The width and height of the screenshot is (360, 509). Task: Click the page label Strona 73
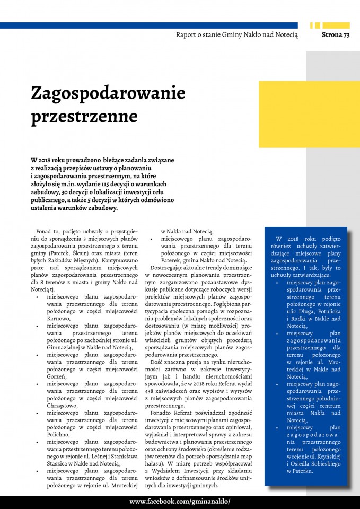tap(335, 35)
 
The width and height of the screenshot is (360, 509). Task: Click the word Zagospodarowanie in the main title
tap(108, 93)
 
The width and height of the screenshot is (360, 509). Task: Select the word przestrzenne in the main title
tap(84, 116)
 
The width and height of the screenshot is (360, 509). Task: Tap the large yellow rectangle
tap(309, 113)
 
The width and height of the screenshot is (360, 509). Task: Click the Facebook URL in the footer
tap(180, 502)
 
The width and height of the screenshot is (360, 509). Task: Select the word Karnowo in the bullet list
tap(58, 319)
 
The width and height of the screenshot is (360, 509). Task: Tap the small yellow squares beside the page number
tap(315, 25)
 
